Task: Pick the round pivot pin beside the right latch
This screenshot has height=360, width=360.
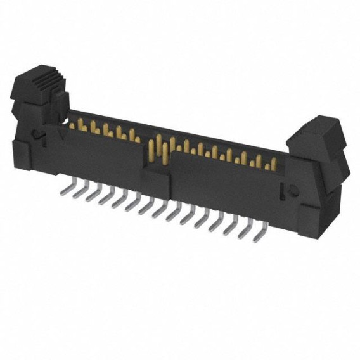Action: [293, 190]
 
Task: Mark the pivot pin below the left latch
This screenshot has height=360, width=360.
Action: [39, 133]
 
